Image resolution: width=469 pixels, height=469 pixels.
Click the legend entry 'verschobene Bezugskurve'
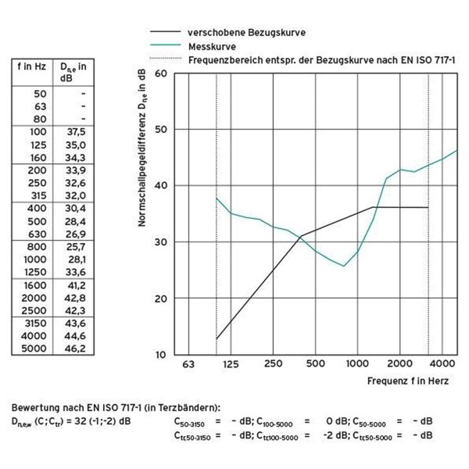click(246, 34)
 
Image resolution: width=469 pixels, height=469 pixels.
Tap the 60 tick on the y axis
click(161, 73)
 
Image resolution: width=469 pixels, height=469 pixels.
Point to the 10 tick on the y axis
click(161, 355)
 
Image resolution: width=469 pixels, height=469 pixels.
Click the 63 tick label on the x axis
click(188, 364)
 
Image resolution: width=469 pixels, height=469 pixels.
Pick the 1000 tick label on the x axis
click(356, 364)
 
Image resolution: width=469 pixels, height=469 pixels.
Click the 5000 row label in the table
click(35, 348)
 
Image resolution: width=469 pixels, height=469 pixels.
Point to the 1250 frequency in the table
click(35, 271)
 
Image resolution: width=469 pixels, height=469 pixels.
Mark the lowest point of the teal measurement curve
click(343, 267)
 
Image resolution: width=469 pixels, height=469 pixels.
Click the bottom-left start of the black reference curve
click(217, 339)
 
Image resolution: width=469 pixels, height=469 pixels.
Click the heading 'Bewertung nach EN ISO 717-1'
click(86, 408)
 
